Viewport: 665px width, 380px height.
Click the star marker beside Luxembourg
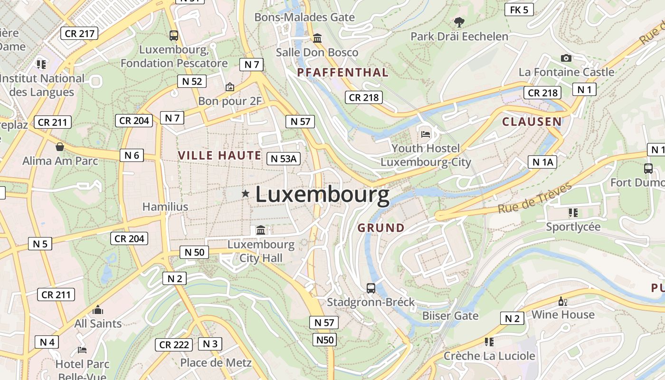click(x=246, y=193)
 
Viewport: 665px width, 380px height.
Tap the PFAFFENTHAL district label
click(x=342, y=72)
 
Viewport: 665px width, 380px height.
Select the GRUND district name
click(x=381, y=228)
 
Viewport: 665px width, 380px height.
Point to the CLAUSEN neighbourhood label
click(x=532, y=122)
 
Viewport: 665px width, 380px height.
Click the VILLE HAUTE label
click(x=219, y=155)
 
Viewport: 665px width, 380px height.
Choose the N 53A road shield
click(x=284, y=159)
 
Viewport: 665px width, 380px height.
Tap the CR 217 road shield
click(x=79, y=34)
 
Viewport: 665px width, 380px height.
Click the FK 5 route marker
click(x=519, y=9)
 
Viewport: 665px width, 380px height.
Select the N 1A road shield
click(x=542, y=162)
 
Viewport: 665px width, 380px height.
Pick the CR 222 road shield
click(x=174, y=345)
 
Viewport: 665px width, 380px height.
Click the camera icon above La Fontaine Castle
click(x=566, y=58)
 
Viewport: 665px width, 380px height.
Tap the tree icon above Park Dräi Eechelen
click(x=459, y=22)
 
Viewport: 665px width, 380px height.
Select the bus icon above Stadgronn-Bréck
click(x=371, y=288)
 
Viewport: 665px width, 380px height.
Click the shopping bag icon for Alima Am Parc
click(x=60, y=146)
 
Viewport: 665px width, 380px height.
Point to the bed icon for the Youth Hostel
click(x=426, y=134)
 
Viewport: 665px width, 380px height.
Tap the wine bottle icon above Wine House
click(x=563, y=301)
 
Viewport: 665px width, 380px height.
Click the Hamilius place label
click(x=165, y=207)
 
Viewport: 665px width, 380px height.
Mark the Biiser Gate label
click(x=450, y=316)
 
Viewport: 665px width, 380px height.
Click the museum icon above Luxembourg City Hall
click(x=261, y=230)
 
